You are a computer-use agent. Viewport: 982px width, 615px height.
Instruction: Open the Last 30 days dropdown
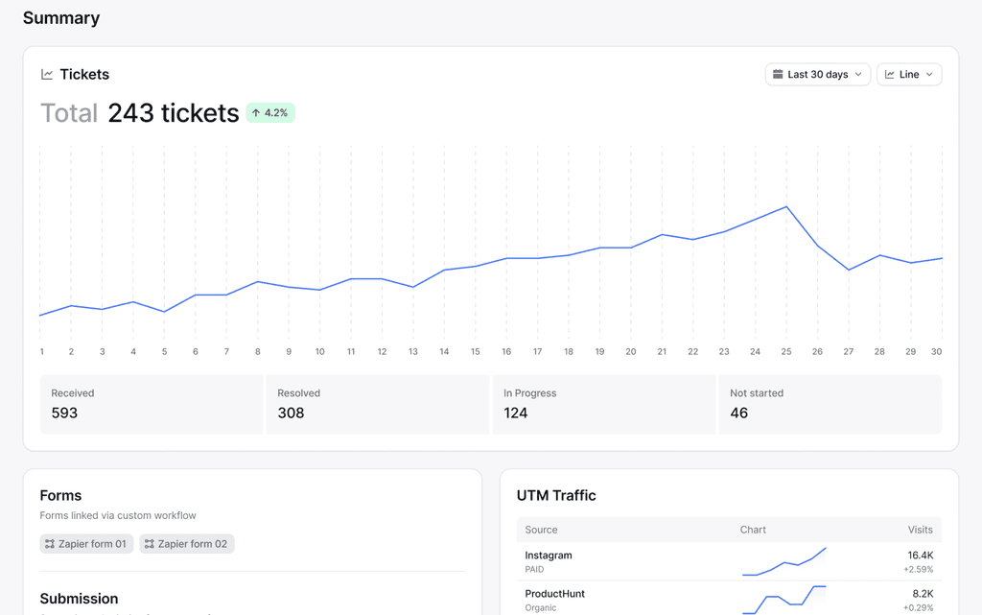point(817,75)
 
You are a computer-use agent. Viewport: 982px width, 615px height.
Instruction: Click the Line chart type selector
point(908,75)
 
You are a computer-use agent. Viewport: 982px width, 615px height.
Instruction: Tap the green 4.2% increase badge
point(270,113)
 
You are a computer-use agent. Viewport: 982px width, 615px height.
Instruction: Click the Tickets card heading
point(83,75)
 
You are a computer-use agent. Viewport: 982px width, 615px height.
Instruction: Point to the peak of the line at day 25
point(786,207)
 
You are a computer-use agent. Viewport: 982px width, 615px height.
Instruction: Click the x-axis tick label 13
point(413,352)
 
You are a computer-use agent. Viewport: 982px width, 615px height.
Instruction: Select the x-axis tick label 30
point(936,352)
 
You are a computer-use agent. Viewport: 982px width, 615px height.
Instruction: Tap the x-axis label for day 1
point(42,352)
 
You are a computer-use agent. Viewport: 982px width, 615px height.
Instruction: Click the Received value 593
point(64,414)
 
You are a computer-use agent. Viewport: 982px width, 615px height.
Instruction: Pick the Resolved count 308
point(291,414)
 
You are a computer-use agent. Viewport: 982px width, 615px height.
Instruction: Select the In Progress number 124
point(516,414)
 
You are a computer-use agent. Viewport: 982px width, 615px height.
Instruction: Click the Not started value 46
point(738,414)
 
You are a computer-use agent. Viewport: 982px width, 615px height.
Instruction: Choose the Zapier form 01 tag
point(86,544)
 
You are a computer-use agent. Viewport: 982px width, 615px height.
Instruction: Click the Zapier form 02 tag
point(186,544)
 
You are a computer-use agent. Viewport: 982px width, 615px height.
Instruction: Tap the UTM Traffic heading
point(556,496)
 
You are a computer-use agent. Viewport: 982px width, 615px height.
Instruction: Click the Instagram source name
point(549,556)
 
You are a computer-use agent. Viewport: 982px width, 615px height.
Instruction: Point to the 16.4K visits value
point(920,556)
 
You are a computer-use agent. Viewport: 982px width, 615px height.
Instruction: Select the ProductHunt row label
point(554,594)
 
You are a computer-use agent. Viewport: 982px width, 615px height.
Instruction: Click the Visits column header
point(920,530)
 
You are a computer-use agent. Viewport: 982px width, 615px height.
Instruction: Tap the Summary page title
point(61,18)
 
